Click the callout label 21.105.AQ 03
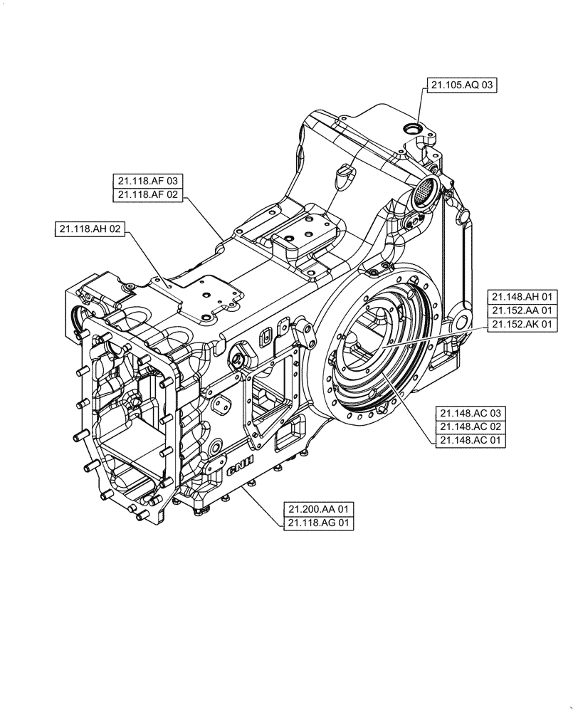coord(461,85)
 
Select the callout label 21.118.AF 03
coord(147,180)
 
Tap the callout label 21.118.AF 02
coord(147,194)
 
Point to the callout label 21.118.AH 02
coord(90,229)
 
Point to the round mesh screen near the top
coord(425,190)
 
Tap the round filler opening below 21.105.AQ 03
coord(412,128)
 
